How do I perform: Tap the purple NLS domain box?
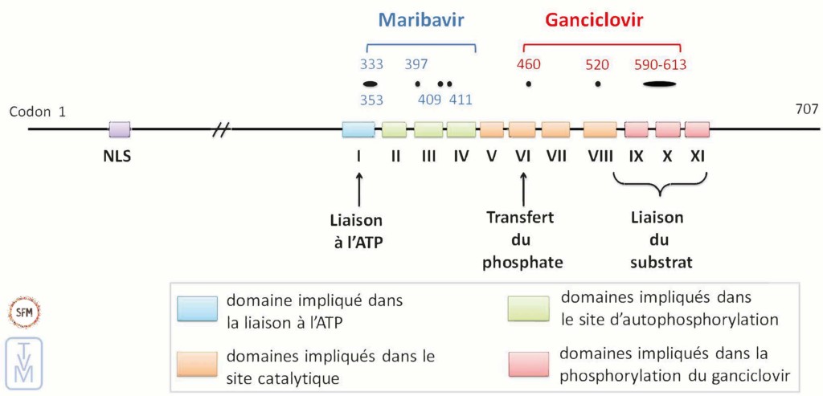(120, 129)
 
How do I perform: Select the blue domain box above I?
(358, 129)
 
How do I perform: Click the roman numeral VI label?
(522, 157)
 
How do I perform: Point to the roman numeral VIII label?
(600, 157)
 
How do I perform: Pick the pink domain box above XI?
(698, 129)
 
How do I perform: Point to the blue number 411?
(461, 100)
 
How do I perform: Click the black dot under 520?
(597, 84)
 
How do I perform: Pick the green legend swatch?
(529, 308)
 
